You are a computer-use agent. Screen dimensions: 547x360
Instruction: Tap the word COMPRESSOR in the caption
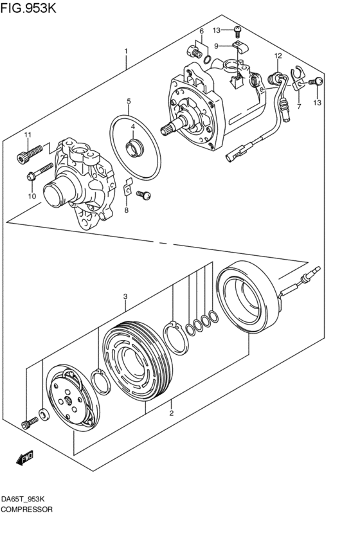click(27, 508)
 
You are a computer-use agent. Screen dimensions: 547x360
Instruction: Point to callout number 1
click(127, 51)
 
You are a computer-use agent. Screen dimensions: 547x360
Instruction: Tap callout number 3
click(126, 296)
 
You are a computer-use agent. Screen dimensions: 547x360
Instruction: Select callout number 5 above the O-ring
click(129, 102)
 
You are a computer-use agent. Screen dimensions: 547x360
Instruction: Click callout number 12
click(278, 56)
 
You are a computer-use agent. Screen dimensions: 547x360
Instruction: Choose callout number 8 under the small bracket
click(127, 210)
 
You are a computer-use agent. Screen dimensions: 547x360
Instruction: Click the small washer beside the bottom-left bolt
click(42, 413)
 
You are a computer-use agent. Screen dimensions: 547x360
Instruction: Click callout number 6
click(201, 31)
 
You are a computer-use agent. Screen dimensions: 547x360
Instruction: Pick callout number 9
click(217, 46)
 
